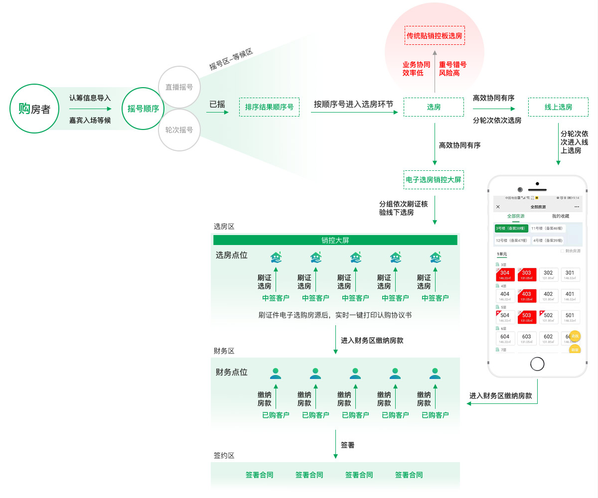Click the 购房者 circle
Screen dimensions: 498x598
click(34, 109)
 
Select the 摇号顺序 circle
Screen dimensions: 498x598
click(143, 109)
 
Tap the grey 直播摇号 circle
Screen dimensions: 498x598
click(179, 87)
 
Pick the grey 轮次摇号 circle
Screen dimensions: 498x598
click(179, 130)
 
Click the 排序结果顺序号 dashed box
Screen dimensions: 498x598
click(269, 107)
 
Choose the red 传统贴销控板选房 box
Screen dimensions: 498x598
click(435, 36)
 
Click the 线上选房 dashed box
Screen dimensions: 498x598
click(558, 107)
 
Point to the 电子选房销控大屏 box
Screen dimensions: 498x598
click(434, 180)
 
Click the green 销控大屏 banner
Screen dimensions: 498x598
click(335, 240)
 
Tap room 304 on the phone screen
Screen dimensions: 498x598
click(505, 274)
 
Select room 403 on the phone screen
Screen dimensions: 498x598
click(526, 296)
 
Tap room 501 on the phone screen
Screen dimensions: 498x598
click(570, 317)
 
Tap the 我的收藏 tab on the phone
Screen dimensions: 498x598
click(560, 216)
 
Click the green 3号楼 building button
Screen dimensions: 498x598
click(511, 228)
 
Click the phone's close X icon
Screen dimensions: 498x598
click(498, 207)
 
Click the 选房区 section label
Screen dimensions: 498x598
click(224, 227)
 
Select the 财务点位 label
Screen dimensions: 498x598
click(231, 372)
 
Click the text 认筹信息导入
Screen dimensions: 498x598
click(90, 98)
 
